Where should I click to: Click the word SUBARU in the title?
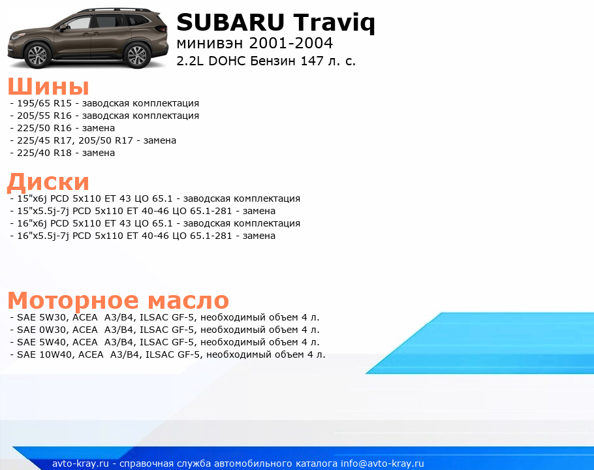point(230,22)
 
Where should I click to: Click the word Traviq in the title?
point(334,23)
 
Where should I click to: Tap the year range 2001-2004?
point(291,43)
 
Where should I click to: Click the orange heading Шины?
point(48,86)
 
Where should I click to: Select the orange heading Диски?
point(48,181)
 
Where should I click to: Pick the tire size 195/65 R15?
point(44,103)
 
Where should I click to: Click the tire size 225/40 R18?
point(44,153)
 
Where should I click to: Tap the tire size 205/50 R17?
point(106,140)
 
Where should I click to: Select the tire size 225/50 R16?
point(44,128)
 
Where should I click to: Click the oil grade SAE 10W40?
point(41,355)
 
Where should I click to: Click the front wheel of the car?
point(37,55)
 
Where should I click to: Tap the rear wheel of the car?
point(137,55)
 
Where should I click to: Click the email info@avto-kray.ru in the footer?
point(383,463)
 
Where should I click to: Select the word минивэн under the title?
point(210,44)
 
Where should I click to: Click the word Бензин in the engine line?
point(273,61)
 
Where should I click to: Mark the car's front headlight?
point(18,37)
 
